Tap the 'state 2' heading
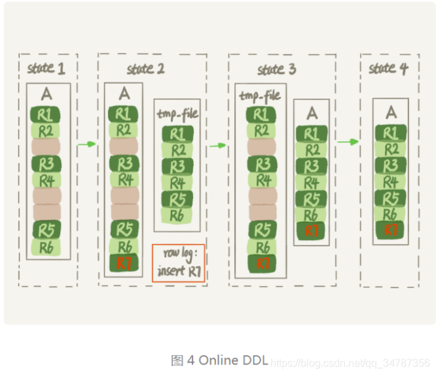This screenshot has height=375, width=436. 145,68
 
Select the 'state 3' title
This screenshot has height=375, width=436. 276,69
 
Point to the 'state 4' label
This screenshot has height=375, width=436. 388,68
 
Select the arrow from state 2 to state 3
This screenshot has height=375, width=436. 217,145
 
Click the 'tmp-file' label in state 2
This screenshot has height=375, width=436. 177,114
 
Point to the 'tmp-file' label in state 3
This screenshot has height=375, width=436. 259,96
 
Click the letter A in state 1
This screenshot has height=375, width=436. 46,94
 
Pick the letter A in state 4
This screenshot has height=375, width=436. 391,112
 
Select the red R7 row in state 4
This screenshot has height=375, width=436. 391,230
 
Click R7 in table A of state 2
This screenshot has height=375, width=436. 123,263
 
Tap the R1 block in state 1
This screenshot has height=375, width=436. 46,114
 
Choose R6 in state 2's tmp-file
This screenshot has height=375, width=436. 177,215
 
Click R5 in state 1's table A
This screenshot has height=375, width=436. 46,230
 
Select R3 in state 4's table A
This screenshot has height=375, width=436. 391,165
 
